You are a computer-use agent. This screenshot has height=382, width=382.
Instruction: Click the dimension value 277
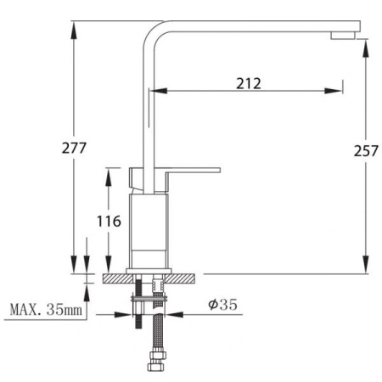(74, 148)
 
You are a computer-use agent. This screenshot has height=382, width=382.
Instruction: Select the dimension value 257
(366, 150)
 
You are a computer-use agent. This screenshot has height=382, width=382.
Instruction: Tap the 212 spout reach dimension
(249, 83)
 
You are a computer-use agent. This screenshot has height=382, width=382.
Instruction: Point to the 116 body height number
(109, 222)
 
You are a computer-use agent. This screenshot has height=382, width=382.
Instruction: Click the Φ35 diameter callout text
(222, 305)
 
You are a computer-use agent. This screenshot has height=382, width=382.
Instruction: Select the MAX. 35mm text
(46, 310)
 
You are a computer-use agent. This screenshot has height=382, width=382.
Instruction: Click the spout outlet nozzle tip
(343, 36)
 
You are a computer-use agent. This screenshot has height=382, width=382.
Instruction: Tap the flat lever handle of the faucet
(194, 170)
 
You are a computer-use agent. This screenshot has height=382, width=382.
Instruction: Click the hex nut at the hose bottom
(156, 367)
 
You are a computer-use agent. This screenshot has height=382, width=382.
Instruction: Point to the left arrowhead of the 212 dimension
(159, 91)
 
